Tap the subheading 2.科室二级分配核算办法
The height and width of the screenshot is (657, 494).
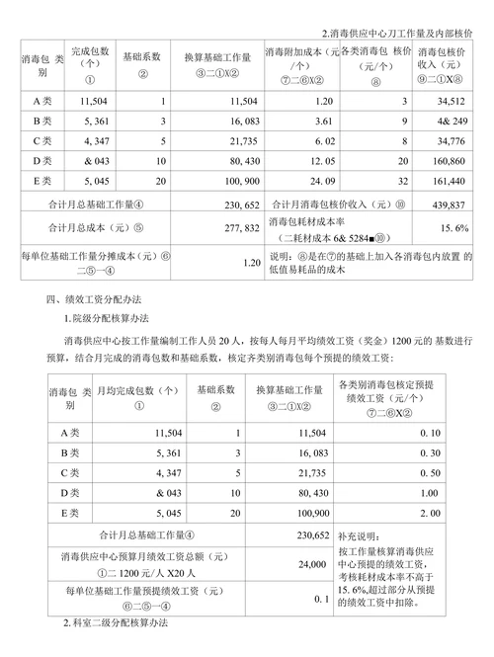(x=117, y=624)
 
